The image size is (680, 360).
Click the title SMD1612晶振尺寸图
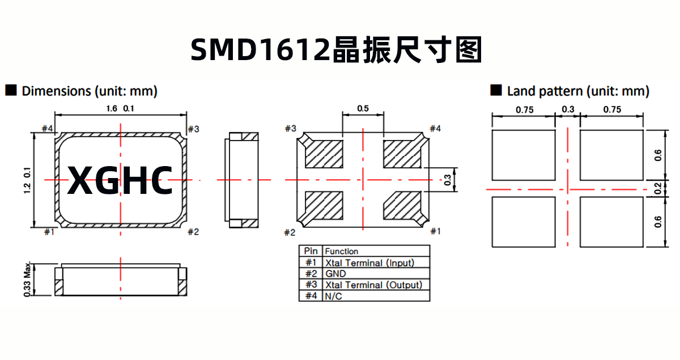point(335,50)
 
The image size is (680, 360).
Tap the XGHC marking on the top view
point(120,181)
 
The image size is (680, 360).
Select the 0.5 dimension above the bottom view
point(363,108)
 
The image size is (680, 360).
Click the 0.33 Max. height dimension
point(27,280)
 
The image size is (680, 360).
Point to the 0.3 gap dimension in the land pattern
point(567,110)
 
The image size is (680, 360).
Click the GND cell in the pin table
point(335,274)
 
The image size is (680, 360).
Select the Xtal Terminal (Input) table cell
point(369,262)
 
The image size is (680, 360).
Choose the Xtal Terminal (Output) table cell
point(373,285)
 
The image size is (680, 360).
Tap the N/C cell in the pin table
point(334,296)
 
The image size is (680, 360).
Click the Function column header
point(342,251)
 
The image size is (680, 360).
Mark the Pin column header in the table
point(311,251)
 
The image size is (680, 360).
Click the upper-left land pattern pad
point(523,155)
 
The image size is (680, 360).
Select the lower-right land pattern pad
point(611,222)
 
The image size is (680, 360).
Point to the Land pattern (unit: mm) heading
point(577,91)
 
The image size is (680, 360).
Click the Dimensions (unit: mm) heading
point(89,91)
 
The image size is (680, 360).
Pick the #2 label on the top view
point(193,231)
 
